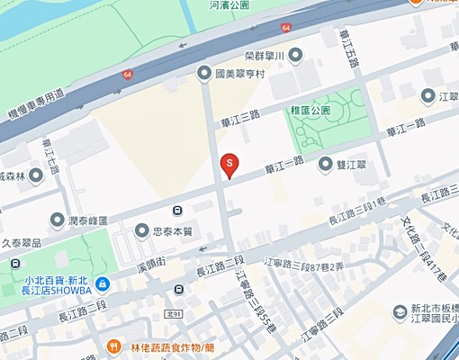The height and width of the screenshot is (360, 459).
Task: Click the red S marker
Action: pos(229,164)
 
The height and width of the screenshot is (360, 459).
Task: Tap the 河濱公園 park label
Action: pos(229,5)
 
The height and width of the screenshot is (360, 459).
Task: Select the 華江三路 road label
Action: pos(239,118)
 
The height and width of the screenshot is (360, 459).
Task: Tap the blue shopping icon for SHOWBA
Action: pos(103,285)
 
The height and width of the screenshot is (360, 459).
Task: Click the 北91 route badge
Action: pos(175,314)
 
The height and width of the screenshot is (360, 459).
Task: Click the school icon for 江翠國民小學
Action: pos(400,311)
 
